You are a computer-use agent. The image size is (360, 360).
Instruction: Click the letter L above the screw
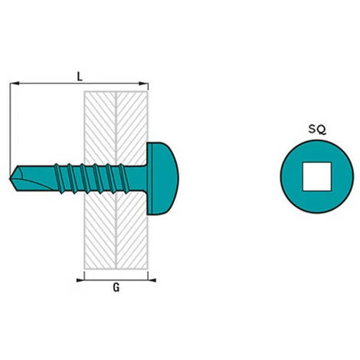tap(80, 76)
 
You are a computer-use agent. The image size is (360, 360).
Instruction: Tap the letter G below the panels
tap(114, 290)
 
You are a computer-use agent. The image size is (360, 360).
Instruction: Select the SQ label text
tap(316, 130)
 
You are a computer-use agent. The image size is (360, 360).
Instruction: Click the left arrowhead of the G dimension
tap(86, 280)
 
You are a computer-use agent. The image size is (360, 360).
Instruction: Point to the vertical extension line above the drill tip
tap(11, 123)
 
